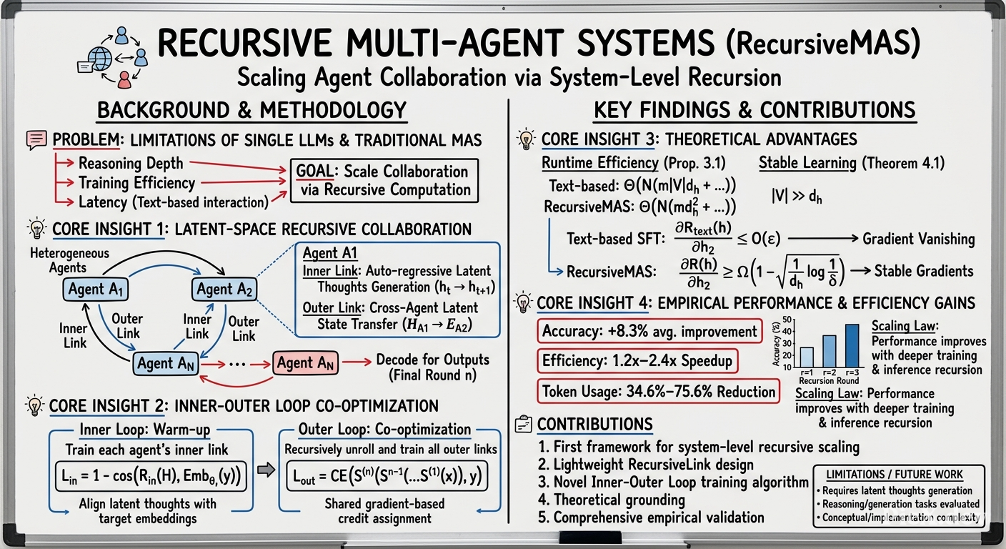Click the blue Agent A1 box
(x=96, y=289)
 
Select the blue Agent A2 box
(x=224, y=289)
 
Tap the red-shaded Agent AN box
(x=305, y=362)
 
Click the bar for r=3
(x=852, y=345)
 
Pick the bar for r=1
(x=807, y=357)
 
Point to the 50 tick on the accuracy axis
(x=787, y=320)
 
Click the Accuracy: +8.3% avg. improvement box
(x=649, y=331)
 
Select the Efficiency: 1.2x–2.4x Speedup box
(x=637, y=361)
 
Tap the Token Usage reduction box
(x=658, y=391)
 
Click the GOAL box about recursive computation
(x=384, y=181)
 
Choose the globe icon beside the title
(x=100, y=59)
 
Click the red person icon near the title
(x=124, y=80)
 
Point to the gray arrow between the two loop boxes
(x=266, y=470)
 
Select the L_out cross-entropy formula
(x=387, y=476)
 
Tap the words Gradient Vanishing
(x=918, y=239)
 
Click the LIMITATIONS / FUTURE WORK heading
(x=894, y=475)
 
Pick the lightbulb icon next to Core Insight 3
(x=525, y=139)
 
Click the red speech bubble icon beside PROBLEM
(x=36, y=140)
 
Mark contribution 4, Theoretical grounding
(x=611, y=500)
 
